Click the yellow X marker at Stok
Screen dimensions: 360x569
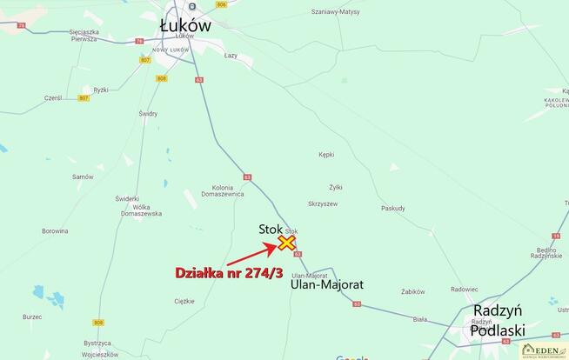[286, 243]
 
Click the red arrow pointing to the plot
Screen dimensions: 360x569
[252, 255]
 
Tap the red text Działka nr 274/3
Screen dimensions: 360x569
[230, 273]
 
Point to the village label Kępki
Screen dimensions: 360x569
[326, 155]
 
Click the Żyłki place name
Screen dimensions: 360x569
[336, 187]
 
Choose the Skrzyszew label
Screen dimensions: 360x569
[323, 203]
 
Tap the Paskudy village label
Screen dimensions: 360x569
[393, 209]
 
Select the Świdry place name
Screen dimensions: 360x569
[147, 114]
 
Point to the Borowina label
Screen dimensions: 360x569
[55, 231]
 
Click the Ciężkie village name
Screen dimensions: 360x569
[184, 301]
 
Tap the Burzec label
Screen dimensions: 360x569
[33, 317]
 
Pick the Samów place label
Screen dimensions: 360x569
[83, 177]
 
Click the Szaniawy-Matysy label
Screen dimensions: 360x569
[336, 12]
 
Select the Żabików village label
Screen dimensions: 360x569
[414, 292]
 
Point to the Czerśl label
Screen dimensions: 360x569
[54, 98]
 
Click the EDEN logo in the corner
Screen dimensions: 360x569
[544, 350]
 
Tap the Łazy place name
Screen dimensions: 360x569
[231, 55]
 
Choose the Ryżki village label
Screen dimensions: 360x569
[101, 90]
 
